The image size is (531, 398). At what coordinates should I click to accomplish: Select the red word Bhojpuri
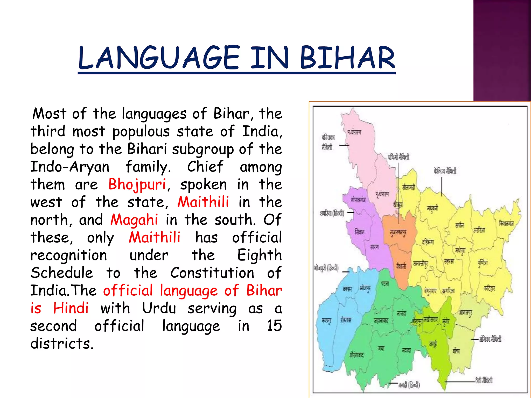click(x=137, y=184)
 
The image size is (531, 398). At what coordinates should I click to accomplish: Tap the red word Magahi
click(x=134, y=220)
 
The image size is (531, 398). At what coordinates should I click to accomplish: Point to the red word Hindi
click(x=71, y=308)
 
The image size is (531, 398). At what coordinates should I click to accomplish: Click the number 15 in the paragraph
click(x=274, y=326)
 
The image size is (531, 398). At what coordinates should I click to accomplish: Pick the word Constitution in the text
click(x=212, y=273)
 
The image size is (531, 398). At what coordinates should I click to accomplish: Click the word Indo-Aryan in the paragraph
click(x=70, y=166)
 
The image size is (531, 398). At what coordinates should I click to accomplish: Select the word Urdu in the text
click(x=159, y=308)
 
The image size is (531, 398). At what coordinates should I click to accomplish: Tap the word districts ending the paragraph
click(x=61, y=344)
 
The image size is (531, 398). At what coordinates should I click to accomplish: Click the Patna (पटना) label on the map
click(x=385, y=284)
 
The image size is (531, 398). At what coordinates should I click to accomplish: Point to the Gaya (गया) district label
click(x=381, y=349)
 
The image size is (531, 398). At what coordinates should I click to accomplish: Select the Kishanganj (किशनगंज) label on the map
click(x=506, y=223)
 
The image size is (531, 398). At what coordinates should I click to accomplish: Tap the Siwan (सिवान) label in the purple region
click(x=359, y=232)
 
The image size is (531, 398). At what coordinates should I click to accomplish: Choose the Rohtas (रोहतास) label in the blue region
click(x=346, y=320)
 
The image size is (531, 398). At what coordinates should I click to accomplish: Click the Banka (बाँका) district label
click(x=456, y=351)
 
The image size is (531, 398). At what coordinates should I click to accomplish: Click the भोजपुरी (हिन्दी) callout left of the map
click(x=326, y=268)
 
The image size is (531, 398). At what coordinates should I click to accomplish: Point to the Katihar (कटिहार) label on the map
click(x=489, y=289)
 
